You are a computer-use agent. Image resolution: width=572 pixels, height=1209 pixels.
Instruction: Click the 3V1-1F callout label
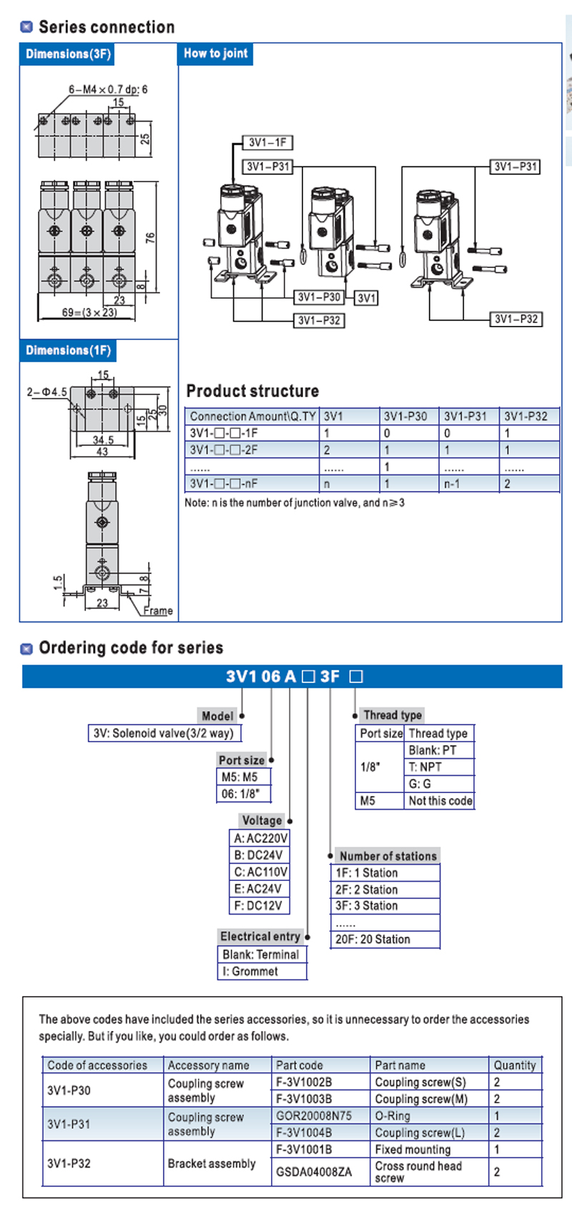[267, 142]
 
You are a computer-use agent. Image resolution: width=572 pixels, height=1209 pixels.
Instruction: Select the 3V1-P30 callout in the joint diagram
[319, 297]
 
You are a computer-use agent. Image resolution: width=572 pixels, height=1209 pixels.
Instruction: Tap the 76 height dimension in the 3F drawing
[150, 237]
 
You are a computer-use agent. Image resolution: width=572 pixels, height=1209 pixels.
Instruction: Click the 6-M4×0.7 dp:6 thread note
[108, 89]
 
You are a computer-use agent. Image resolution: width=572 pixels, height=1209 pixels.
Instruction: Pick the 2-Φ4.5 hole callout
[46, 392]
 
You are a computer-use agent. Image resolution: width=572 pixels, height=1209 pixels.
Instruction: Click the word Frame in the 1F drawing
[157, 611]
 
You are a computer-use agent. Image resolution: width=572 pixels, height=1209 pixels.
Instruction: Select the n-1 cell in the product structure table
[451, 484]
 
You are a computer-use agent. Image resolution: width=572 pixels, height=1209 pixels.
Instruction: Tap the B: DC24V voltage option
[258, 855]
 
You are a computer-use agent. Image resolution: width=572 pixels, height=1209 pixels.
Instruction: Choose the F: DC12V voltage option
[258, 905]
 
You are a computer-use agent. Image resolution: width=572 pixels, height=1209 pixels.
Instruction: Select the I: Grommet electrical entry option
[250, 971]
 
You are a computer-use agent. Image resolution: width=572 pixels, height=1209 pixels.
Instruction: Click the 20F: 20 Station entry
[373, 939]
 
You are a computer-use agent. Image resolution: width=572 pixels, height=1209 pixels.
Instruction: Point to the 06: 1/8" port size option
[241, 793]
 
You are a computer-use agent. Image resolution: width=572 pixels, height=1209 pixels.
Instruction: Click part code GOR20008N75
[314, 1115]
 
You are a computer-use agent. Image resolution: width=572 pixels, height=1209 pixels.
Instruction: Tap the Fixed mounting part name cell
[413, 1149]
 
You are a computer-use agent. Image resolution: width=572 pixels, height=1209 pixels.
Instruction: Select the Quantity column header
[514, 1065]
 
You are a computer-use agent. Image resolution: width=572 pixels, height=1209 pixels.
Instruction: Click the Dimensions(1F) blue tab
[68, 350]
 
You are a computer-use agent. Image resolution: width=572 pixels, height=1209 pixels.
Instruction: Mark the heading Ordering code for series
[131, 647]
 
